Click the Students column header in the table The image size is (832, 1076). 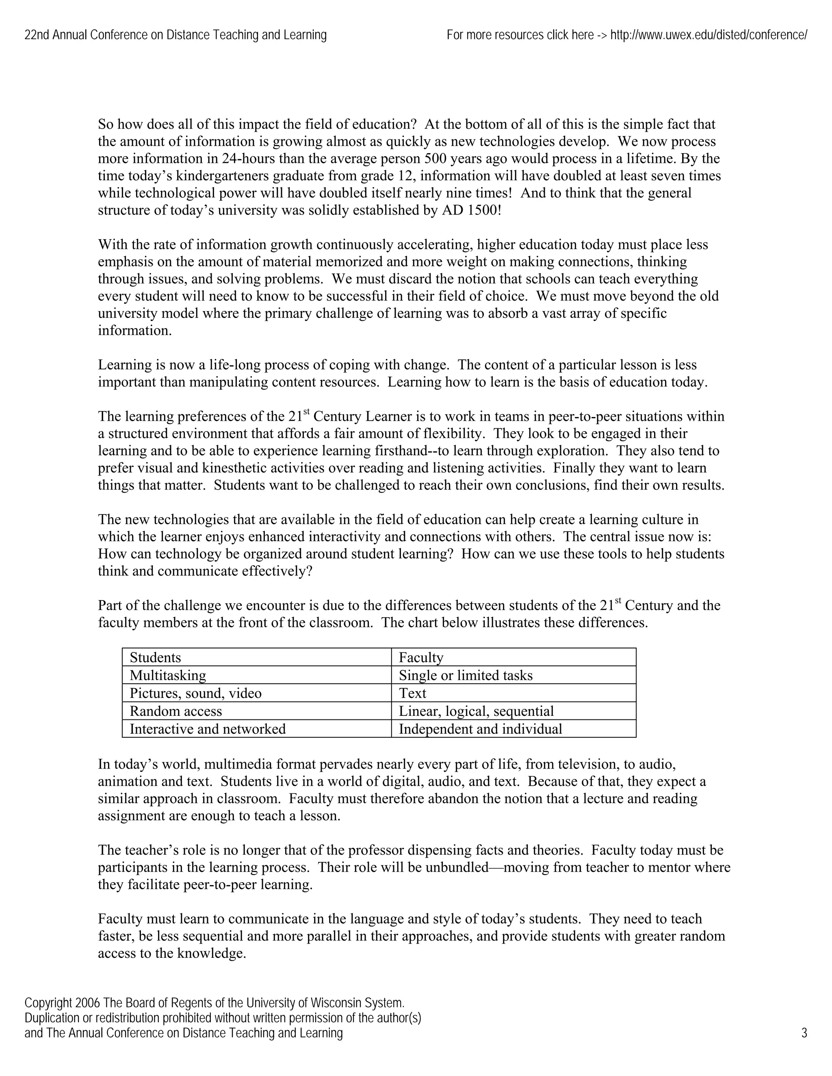tap(155, 657)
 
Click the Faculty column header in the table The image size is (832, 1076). tap(421, 657)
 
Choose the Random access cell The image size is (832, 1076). tap(175, 711)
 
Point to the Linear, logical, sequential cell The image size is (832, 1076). tap(476, 711)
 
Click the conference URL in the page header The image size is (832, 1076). tap(708, 35)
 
